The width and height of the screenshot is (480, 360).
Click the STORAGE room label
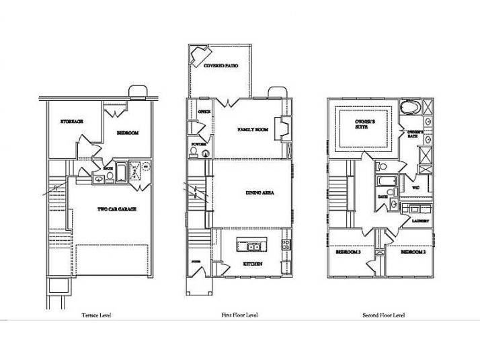click(x=71, y=121)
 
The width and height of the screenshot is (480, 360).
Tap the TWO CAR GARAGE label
click(x=116, y=210)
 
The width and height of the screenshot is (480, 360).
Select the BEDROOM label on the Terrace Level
click(x=127, y=133)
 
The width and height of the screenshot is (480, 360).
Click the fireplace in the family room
click(x=285, y=129)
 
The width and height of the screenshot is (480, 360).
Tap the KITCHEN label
click(x=252, y=264)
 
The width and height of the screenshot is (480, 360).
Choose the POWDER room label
click(x=198, y=143)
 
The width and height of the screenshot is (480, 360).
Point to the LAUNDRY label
click(x=421, y=220)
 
